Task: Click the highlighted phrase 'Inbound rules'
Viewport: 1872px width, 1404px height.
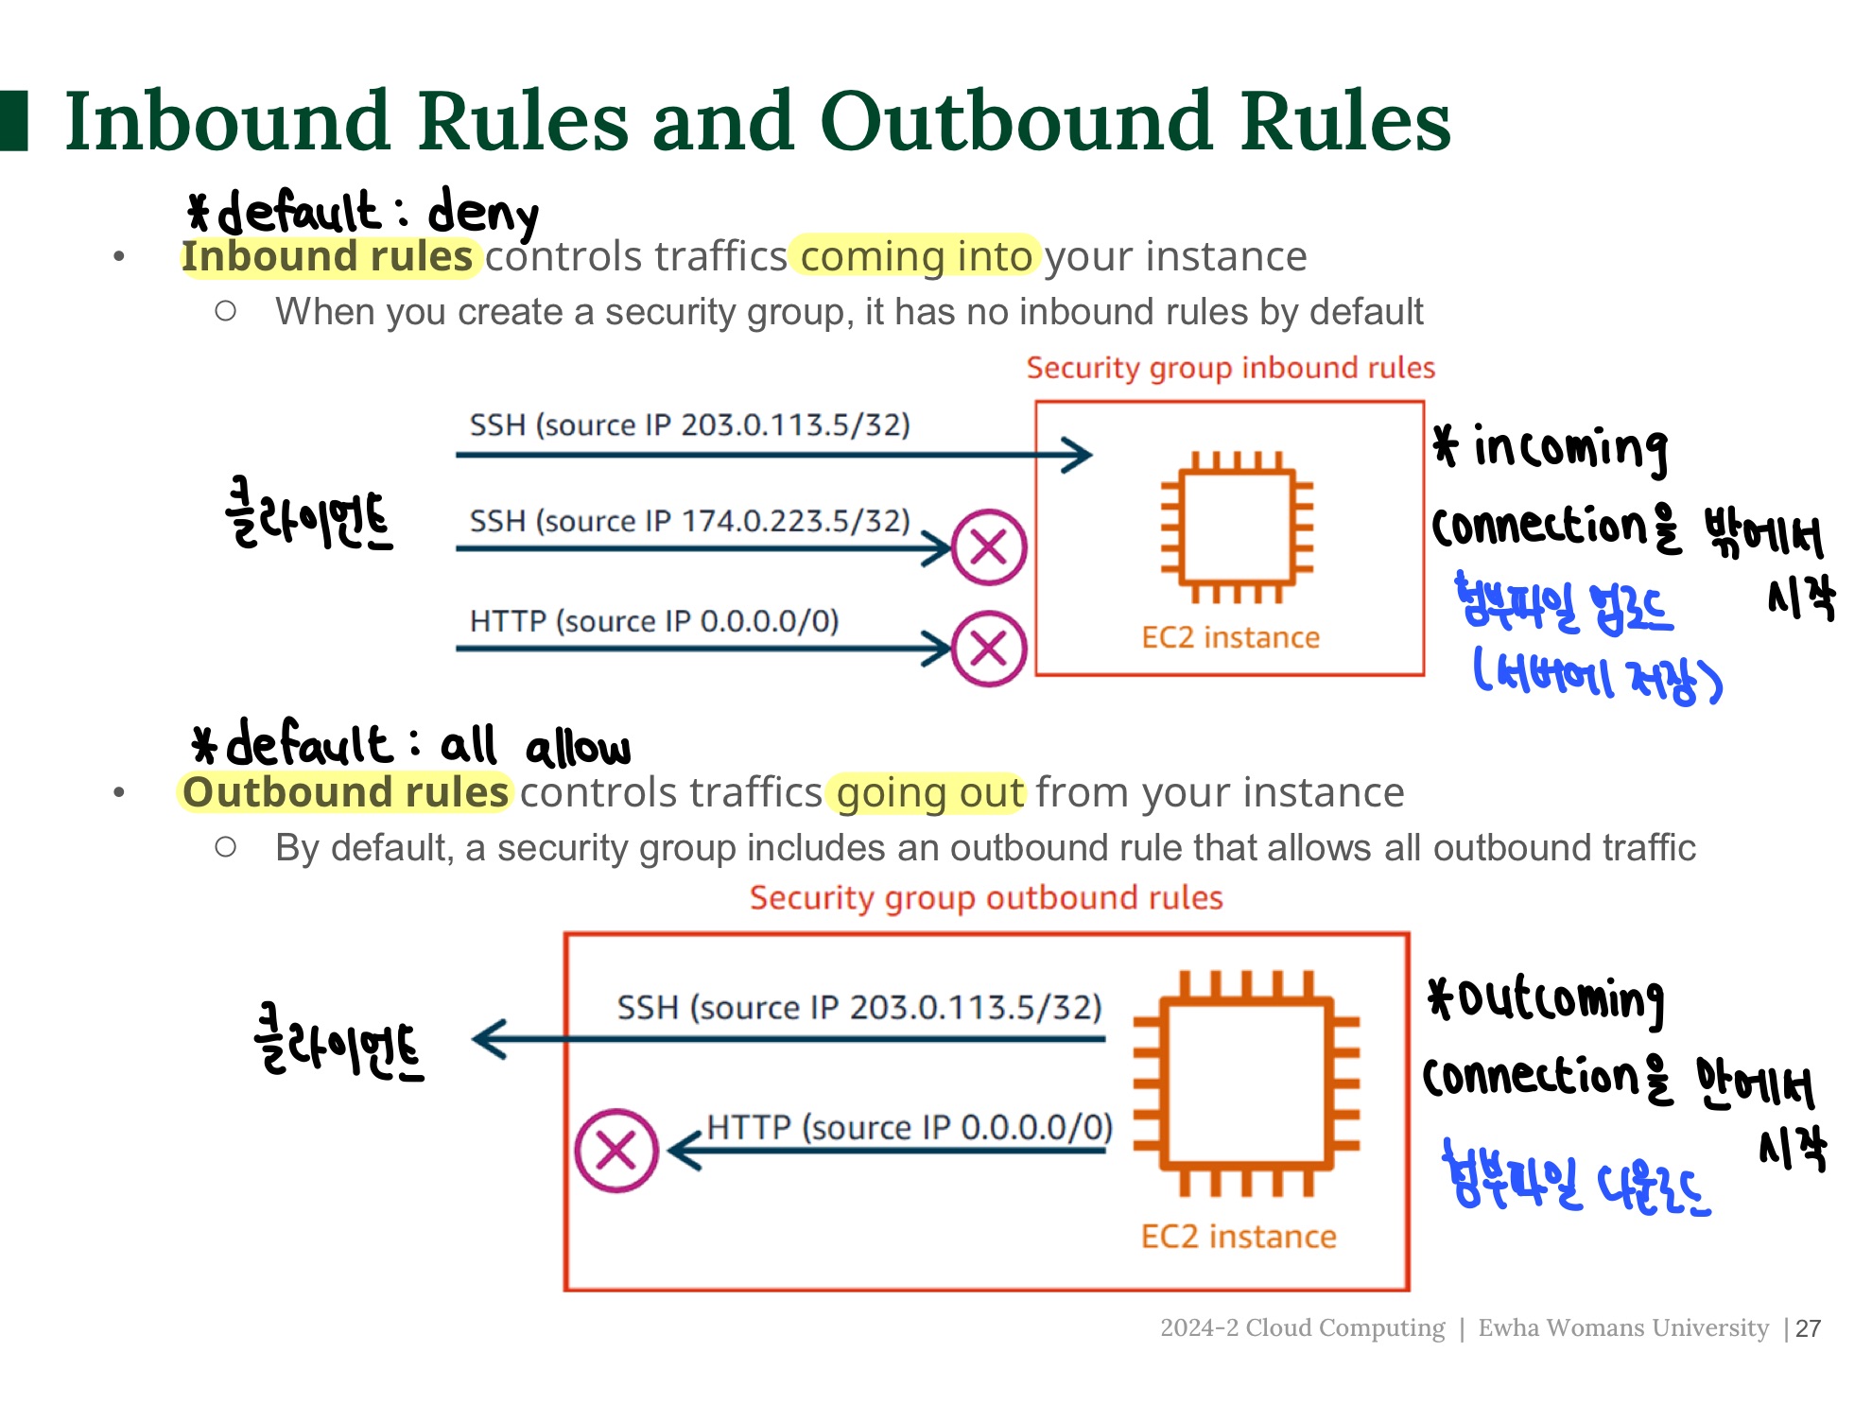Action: pyautogui.click(x=327, y=257)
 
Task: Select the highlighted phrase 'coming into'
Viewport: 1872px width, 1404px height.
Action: pyautogui.click(x=915, y=257)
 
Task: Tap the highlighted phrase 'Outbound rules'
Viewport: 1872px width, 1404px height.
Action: pyautogui.click(x=345, y=792)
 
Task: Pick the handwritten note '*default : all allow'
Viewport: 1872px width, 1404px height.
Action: pyautogui.click(x=410, y=745)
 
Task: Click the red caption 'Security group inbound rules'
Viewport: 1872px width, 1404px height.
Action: pyautogui.click(x=1230, y=368)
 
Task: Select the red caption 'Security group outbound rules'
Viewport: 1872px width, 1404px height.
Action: pyautogui.click(x=986, y=897)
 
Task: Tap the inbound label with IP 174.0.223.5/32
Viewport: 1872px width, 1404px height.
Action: pyautogui.click(x=689, y=521)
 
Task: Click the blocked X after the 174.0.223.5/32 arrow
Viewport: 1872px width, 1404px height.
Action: pyautogui.click(x=988, y=547)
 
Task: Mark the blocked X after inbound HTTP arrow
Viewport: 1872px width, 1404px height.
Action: pyautogui.click(x=988, y=649)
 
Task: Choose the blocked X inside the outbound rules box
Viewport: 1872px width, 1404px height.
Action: pyautogui.click(x=616, y=1151)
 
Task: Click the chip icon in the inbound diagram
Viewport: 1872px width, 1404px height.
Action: pyautogui.click(x=1237, y=527)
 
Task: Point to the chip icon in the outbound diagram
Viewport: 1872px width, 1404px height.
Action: pyautogui.click(x=1246, y=1083)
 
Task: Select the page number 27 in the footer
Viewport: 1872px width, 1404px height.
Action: pyautogui.click(x=1808, y=1328)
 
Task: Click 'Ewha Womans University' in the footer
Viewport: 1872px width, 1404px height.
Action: pyautogui.click(x=1622, y=1328)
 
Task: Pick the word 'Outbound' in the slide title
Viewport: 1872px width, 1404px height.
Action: pyautogui.click(x=1016, y=121)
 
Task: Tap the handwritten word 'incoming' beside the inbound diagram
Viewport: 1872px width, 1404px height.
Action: pyautogui.click(x=1570, y=447)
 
